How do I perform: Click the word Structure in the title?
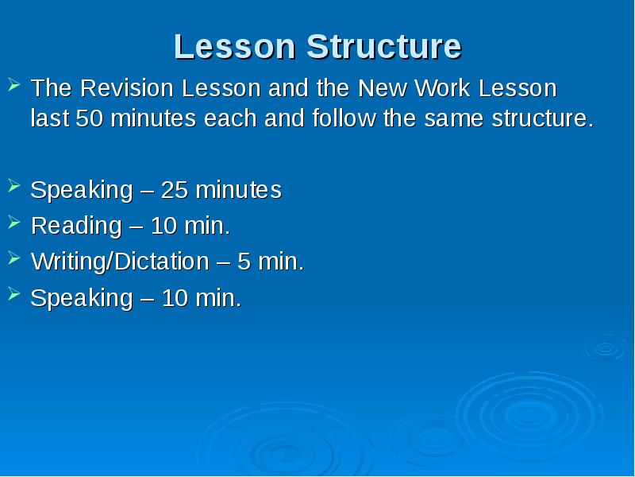pos(384,47)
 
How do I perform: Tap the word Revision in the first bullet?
pos(123,87)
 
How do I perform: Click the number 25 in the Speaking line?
pos(174,191)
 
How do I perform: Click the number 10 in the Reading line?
pos(163,227)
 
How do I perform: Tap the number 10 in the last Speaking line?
pos(174,298)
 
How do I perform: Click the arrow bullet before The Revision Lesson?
pos(15,83)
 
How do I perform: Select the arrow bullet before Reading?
pos(15,223)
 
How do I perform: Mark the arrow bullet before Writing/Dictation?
pos(15,258)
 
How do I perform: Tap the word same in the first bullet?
pos(455,119)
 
